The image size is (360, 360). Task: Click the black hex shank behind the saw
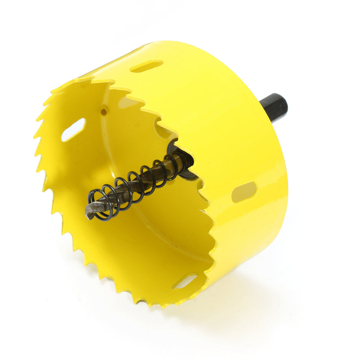point(272,108)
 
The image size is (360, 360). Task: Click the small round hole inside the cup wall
point(103,110)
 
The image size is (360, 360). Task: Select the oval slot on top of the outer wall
point(146,67)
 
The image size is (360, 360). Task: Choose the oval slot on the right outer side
point(244,192)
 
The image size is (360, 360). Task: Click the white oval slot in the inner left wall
point(73,130)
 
